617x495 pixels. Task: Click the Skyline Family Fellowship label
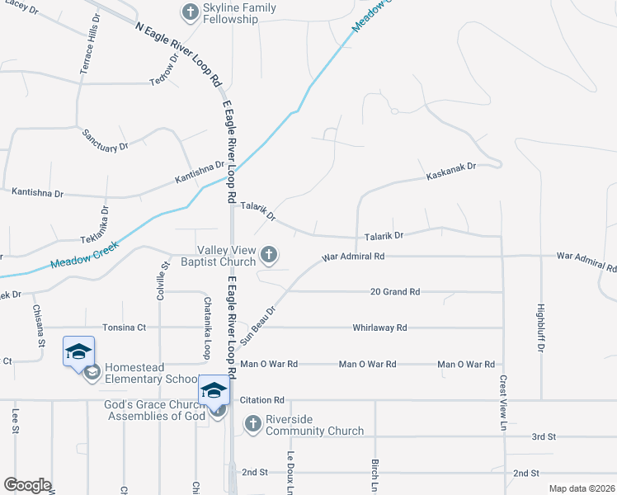click(x=240, y=14)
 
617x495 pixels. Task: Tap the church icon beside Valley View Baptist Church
click(x=269, y=256)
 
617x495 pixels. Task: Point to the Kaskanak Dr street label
click(x=451, y=172)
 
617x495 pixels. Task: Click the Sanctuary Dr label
click(x=105, y=139)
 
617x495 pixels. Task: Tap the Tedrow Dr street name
click(x=165, y=69)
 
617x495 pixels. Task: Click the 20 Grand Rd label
click(x=395, y=292)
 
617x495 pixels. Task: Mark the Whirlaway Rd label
click(x=379, y=328)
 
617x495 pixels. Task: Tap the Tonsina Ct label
click(x=124, y=328)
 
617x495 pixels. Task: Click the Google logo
click(x=27, y=485)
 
